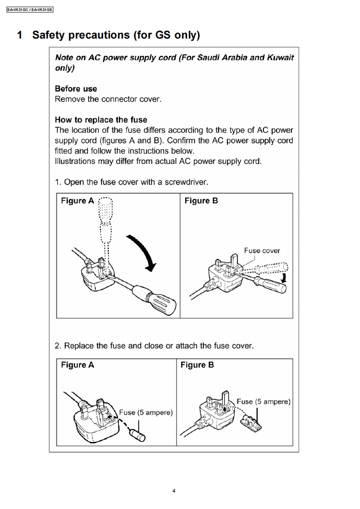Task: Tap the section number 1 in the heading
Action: (20, 35)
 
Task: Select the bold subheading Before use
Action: (76, 89)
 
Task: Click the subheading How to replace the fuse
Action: (101, 120)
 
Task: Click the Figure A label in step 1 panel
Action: (78, 201)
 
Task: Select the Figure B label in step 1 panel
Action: (201, 201)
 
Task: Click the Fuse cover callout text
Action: (262, 250)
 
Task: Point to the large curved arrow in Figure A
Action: (145, 252)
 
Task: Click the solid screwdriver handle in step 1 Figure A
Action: (159, 297)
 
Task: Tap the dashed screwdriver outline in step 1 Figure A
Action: (105, 218)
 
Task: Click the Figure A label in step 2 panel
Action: (78, 365)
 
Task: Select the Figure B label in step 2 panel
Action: (197, 365)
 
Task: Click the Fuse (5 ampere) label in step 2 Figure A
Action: (146, 412)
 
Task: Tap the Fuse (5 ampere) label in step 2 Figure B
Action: (263, 401)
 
